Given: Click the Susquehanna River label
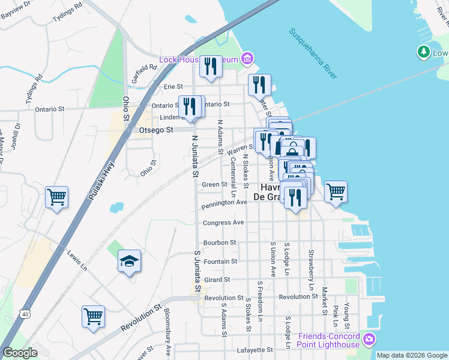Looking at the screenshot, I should point(313,53).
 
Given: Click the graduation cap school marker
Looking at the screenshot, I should point(129,261).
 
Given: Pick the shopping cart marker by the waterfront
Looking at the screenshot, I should point(336,192).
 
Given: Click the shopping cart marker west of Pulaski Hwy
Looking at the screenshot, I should point(56,197).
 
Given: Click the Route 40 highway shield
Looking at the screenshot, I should point(24,313).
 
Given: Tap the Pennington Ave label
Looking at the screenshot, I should point(225,203).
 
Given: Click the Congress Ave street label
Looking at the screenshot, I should point(223,223).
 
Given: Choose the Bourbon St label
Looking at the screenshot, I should point(220,242).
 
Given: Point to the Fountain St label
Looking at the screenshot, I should point(221,262).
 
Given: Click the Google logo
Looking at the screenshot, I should point(20,353).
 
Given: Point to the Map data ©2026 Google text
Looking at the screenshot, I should point(412,355).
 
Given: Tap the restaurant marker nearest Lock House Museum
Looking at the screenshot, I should point(210,65).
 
